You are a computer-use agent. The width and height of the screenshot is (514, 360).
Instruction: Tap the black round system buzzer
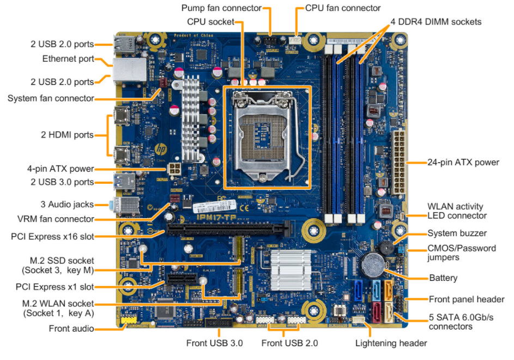click(x=386, y=248)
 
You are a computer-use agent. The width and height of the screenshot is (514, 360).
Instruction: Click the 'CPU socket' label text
click(x=210, y=22)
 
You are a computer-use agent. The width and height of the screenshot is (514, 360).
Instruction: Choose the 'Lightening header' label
click(x=391, y=343)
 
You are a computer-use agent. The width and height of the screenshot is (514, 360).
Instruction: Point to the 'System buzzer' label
click(x=457, y=233)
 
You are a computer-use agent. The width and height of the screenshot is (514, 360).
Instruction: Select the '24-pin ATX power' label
click(x=463, y=162)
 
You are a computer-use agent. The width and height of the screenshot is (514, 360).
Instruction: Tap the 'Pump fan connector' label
click(x=221, y=8)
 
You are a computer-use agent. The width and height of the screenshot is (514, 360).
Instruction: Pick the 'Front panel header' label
click(x=467, y=299)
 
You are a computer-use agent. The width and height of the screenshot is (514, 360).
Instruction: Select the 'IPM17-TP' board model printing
click(x=217, y=217)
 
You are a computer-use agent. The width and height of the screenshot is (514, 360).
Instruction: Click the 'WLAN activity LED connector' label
click(x=457, y=211)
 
